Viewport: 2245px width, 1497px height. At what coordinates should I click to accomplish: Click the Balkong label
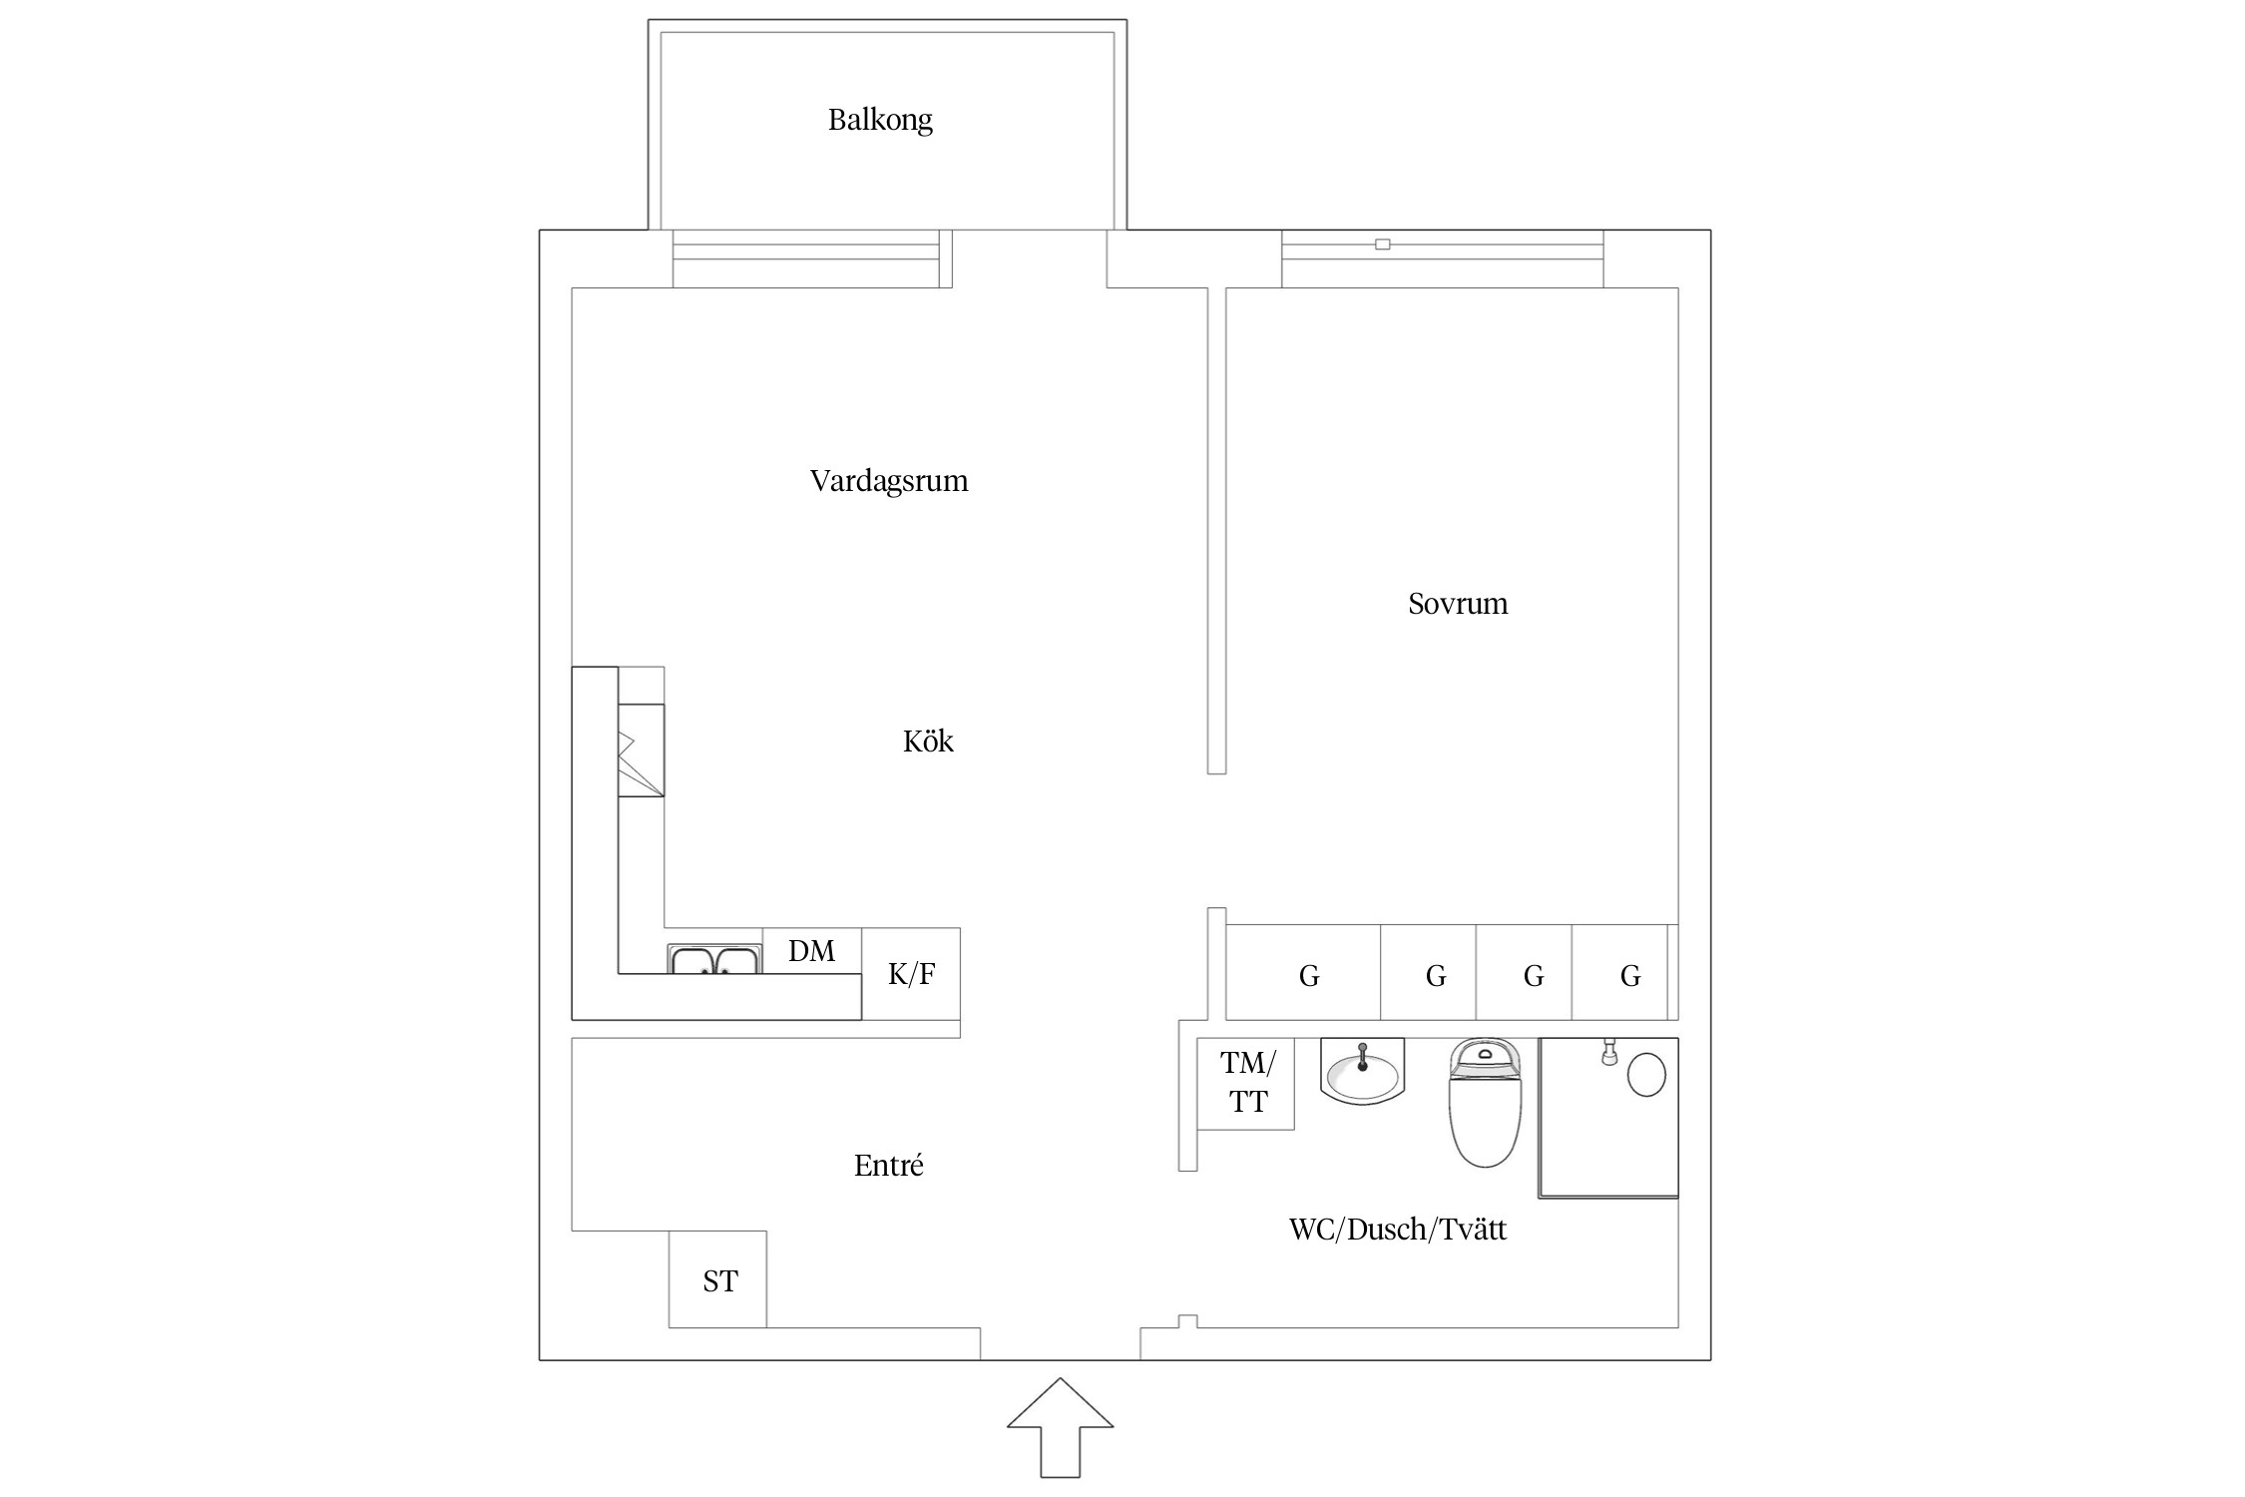[880, 120]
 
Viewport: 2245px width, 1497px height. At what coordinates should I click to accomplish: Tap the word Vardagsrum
[888, 481]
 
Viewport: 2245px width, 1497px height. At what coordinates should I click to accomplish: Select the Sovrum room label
[1457, 604]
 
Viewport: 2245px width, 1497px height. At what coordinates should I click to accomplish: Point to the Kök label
[928, 742]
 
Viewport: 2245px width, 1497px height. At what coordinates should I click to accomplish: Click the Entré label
[888, 1166]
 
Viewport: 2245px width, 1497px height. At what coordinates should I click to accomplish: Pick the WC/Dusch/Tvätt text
[1397, 1230]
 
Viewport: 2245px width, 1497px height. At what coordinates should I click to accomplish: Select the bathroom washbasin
[1362, 1073]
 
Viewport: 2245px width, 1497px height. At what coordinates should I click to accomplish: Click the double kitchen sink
[714, 960]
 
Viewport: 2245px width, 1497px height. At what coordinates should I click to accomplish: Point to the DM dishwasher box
[811, 950]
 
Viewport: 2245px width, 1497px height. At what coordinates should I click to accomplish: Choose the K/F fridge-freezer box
[911, 974]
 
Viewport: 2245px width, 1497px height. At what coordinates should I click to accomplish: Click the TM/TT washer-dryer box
[1246, 1083]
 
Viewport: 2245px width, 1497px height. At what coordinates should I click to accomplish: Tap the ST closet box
[718, 1280]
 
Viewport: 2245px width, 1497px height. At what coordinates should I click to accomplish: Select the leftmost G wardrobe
[1308, 975]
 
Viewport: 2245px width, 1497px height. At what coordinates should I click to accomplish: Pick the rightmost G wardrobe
[1629, 975]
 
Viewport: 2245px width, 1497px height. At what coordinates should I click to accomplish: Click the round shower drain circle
[1646, 1076]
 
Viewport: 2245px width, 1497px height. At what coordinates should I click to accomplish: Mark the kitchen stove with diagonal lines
[641, 750]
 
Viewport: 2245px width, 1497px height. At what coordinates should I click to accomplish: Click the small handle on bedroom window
[1382, 245]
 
